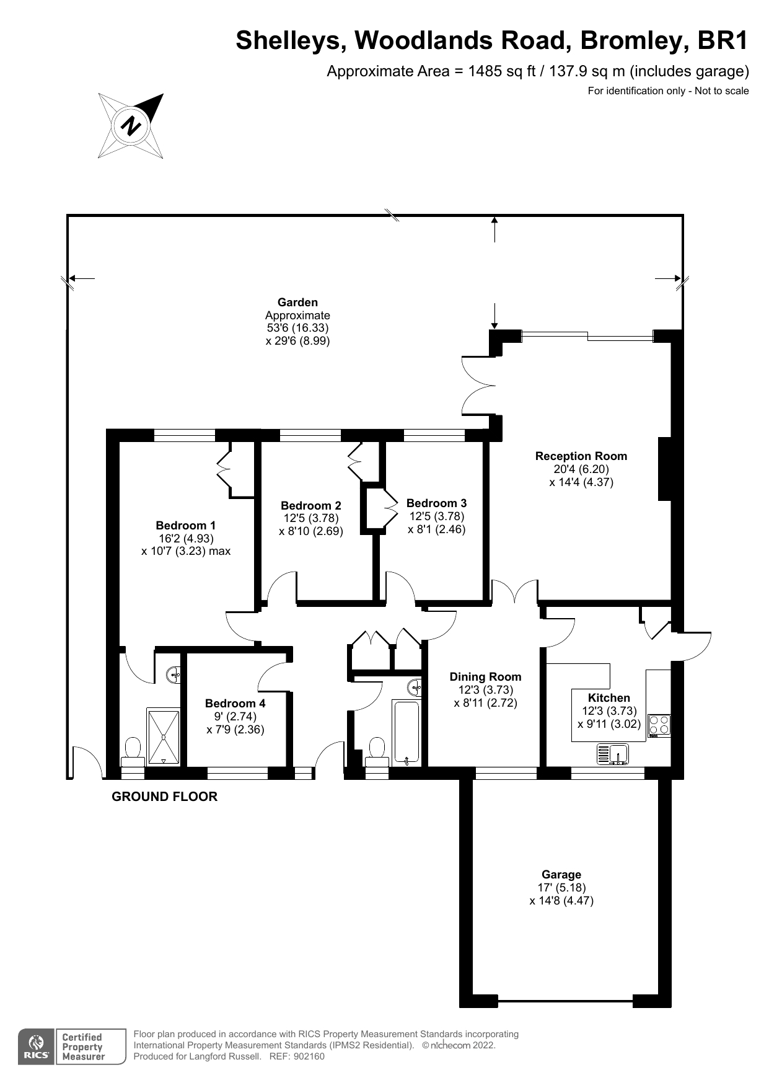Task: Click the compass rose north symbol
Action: click(x=131, y=125)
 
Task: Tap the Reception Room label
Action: click(x=581, y=456)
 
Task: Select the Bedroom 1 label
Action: click(x=185, y=525)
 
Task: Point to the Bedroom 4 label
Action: click(x=235, y=703)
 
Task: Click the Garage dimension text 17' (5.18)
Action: click(x=561, y=887)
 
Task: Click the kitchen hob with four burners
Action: click(x=659, y=725)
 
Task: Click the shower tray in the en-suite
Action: click(x=164, y=736)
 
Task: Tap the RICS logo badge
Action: click(x=35, y=1047)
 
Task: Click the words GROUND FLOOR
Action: click(x=164, y=797)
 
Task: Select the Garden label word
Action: click(x=297, y=303)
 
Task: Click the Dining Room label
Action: click(x=485, y=677)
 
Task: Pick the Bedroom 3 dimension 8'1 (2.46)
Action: click(x=437, y=529)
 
